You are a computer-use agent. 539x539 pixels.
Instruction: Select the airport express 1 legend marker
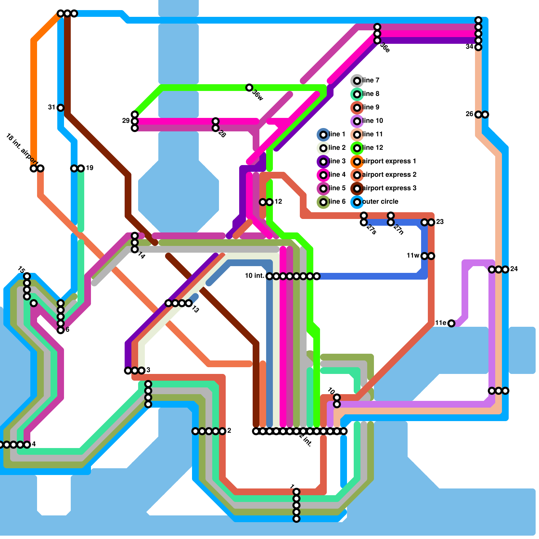coord(357,161)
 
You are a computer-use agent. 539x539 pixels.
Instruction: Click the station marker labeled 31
coord(61,108)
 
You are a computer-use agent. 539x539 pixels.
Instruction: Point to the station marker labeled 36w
coord(249,88)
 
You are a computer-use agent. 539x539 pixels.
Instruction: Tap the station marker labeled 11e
coord(451,323)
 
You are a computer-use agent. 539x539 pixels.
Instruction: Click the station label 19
coord(90,168)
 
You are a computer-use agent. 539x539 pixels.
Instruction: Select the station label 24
coord(514,269)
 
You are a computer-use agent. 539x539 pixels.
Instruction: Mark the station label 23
coord(440,222)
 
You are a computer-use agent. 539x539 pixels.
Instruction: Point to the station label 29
coord(126,121)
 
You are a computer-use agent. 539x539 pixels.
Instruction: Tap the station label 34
coord(470,47)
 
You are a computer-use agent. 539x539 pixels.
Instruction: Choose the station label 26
coord(470,114)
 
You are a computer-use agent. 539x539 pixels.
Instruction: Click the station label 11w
coord(413,256)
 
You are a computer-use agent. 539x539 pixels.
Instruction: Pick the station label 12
coord(278,201)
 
